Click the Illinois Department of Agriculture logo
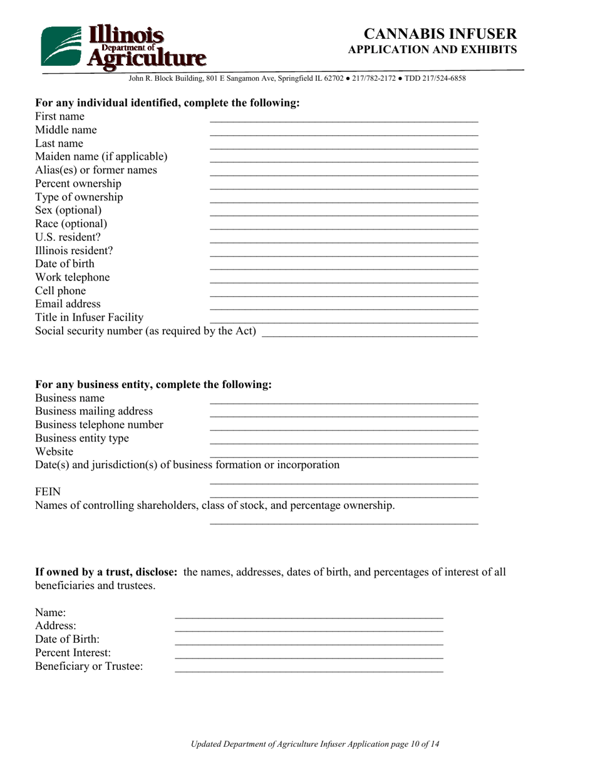(123, 46)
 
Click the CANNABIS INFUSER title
(440, 34)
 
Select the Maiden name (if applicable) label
(101, 157)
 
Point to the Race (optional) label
(71, 223)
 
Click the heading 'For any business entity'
(153, 384)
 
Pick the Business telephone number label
(99, 425)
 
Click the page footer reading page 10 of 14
(315, 744)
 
